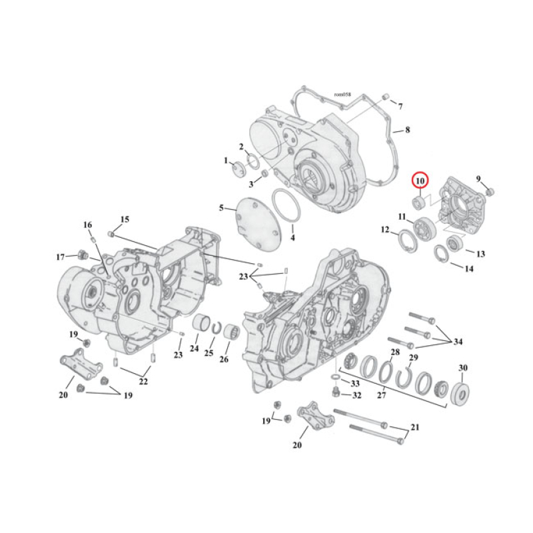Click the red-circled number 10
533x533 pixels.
420,180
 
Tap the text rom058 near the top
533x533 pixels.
342,95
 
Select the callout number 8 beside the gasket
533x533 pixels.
407,130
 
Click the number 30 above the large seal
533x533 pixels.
462,368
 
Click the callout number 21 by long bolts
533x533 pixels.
415,426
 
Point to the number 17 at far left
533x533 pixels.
61,257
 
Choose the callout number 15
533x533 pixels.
125,219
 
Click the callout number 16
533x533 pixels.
88,225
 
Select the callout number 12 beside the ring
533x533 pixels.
385,230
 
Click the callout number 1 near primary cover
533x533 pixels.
227,161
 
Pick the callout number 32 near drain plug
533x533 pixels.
356,395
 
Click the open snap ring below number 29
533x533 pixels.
405,378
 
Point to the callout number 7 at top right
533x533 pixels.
400,106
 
